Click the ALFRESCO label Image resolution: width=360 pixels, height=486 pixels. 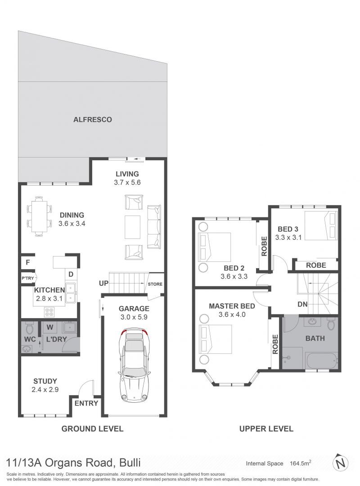[92, 120]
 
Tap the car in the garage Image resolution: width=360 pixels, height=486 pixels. [134, 364]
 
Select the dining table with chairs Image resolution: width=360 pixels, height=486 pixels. [39, 216]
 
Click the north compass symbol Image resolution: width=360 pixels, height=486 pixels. [341, 463]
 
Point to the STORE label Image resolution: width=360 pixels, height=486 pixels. [155, 284]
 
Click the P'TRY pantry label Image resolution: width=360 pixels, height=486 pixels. [27, 278]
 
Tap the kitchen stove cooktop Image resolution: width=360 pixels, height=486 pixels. [49, 311]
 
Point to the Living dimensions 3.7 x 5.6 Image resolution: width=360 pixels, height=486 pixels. [127, 183]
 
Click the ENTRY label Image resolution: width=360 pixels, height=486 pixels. [86, 403]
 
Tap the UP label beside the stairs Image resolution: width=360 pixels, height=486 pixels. [103, 283]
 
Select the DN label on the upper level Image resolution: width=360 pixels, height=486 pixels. [302, 304]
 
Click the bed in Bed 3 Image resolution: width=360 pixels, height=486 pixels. [321, 226]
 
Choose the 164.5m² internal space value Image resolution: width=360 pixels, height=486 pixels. [301, 463]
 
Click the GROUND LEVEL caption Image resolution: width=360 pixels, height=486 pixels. [92, 429]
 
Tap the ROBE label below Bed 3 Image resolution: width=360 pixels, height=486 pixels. [316, 265]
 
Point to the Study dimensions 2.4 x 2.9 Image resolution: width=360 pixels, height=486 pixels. [45, 390]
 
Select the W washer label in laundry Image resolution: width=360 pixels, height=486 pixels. [50, 327]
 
